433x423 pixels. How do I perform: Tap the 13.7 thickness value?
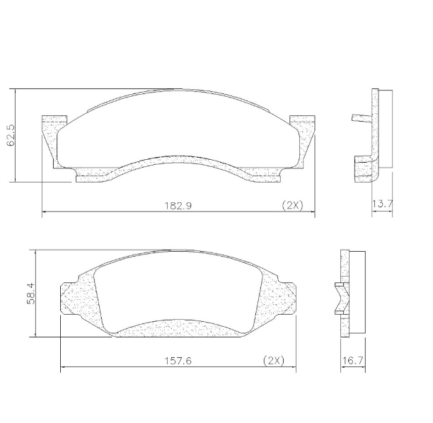382,204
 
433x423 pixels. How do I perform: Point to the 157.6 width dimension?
178,360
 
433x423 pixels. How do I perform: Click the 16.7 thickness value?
352,360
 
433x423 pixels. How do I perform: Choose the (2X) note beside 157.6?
273,360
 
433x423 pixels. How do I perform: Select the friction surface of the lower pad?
177,290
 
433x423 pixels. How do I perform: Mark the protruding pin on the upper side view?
360,118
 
